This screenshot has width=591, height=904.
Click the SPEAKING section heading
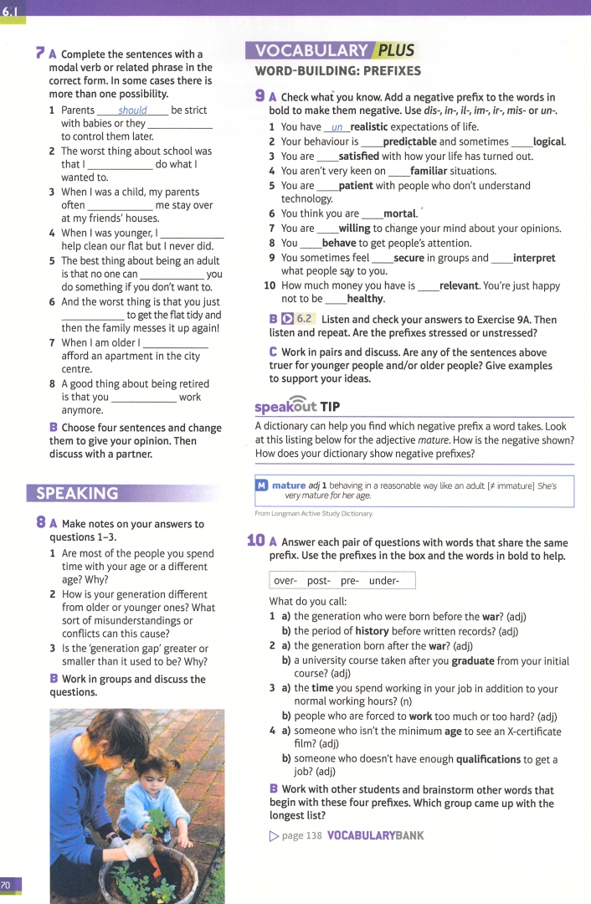click(x=73, y=493)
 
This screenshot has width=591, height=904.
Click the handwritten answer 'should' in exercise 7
click(x=132, y=110)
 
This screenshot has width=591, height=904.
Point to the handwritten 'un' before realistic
click(x=337, y=127)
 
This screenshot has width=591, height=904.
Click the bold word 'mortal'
click(x=399, y=213)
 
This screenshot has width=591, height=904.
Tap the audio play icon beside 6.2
click(x=287, y=320)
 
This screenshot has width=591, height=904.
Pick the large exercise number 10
click(x=256, y=541)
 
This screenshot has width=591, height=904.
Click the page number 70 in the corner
click(x=7, y=886)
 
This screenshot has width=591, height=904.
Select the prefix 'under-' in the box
click(x=384, y=581)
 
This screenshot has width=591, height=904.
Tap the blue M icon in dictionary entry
click(x=262, y=485)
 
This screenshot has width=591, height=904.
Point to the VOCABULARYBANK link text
click(x=375, y=835)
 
